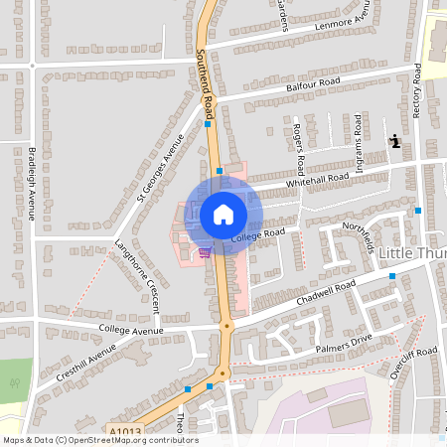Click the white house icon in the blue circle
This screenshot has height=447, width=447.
223,214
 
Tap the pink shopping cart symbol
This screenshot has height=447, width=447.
205,251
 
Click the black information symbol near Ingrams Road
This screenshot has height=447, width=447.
395,141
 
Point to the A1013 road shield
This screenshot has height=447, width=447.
123,430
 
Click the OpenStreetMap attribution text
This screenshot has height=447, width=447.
99,440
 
